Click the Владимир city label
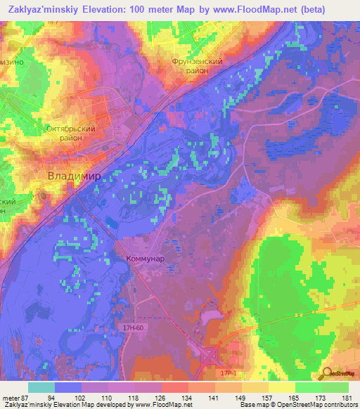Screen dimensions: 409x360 point(74,175)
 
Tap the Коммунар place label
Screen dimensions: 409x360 point(146,259)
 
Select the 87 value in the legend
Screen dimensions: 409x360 point(25,398)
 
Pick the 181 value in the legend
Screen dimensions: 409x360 point(347,398)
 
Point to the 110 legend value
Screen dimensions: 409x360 point(108,398)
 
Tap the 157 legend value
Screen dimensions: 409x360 point(268,398)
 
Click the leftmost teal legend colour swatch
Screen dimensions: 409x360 point(41,387)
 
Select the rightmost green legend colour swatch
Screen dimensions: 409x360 point(335,387)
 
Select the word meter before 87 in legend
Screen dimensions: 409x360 point(11,398)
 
